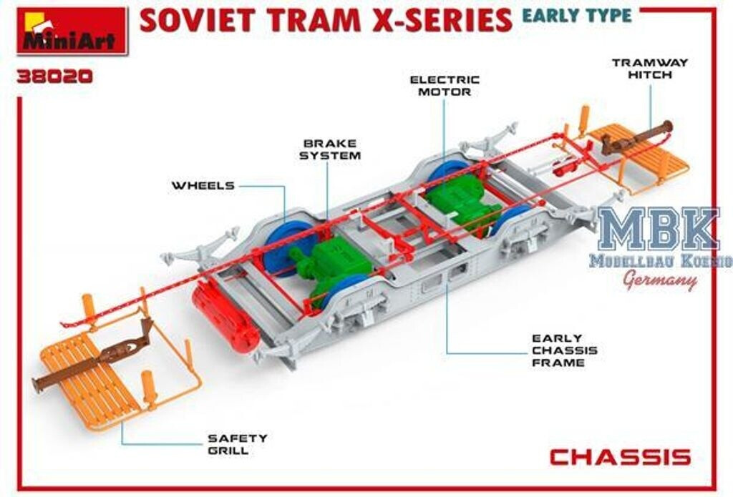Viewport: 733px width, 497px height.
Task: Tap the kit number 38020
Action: point(55,76)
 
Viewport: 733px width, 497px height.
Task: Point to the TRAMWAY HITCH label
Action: point(649,69)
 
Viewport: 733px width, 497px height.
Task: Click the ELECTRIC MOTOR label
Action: point(444,86)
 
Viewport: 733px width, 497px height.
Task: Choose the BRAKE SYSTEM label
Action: point(330,149)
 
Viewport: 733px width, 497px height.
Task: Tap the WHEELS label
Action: point(203,186)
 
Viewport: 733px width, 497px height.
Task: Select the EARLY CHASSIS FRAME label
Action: point(564,350)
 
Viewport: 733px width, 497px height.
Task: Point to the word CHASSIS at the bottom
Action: point(620,457)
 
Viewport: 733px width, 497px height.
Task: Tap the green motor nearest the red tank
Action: point(329,261)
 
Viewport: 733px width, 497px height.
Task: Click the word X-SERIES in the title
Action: point(441,19)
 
